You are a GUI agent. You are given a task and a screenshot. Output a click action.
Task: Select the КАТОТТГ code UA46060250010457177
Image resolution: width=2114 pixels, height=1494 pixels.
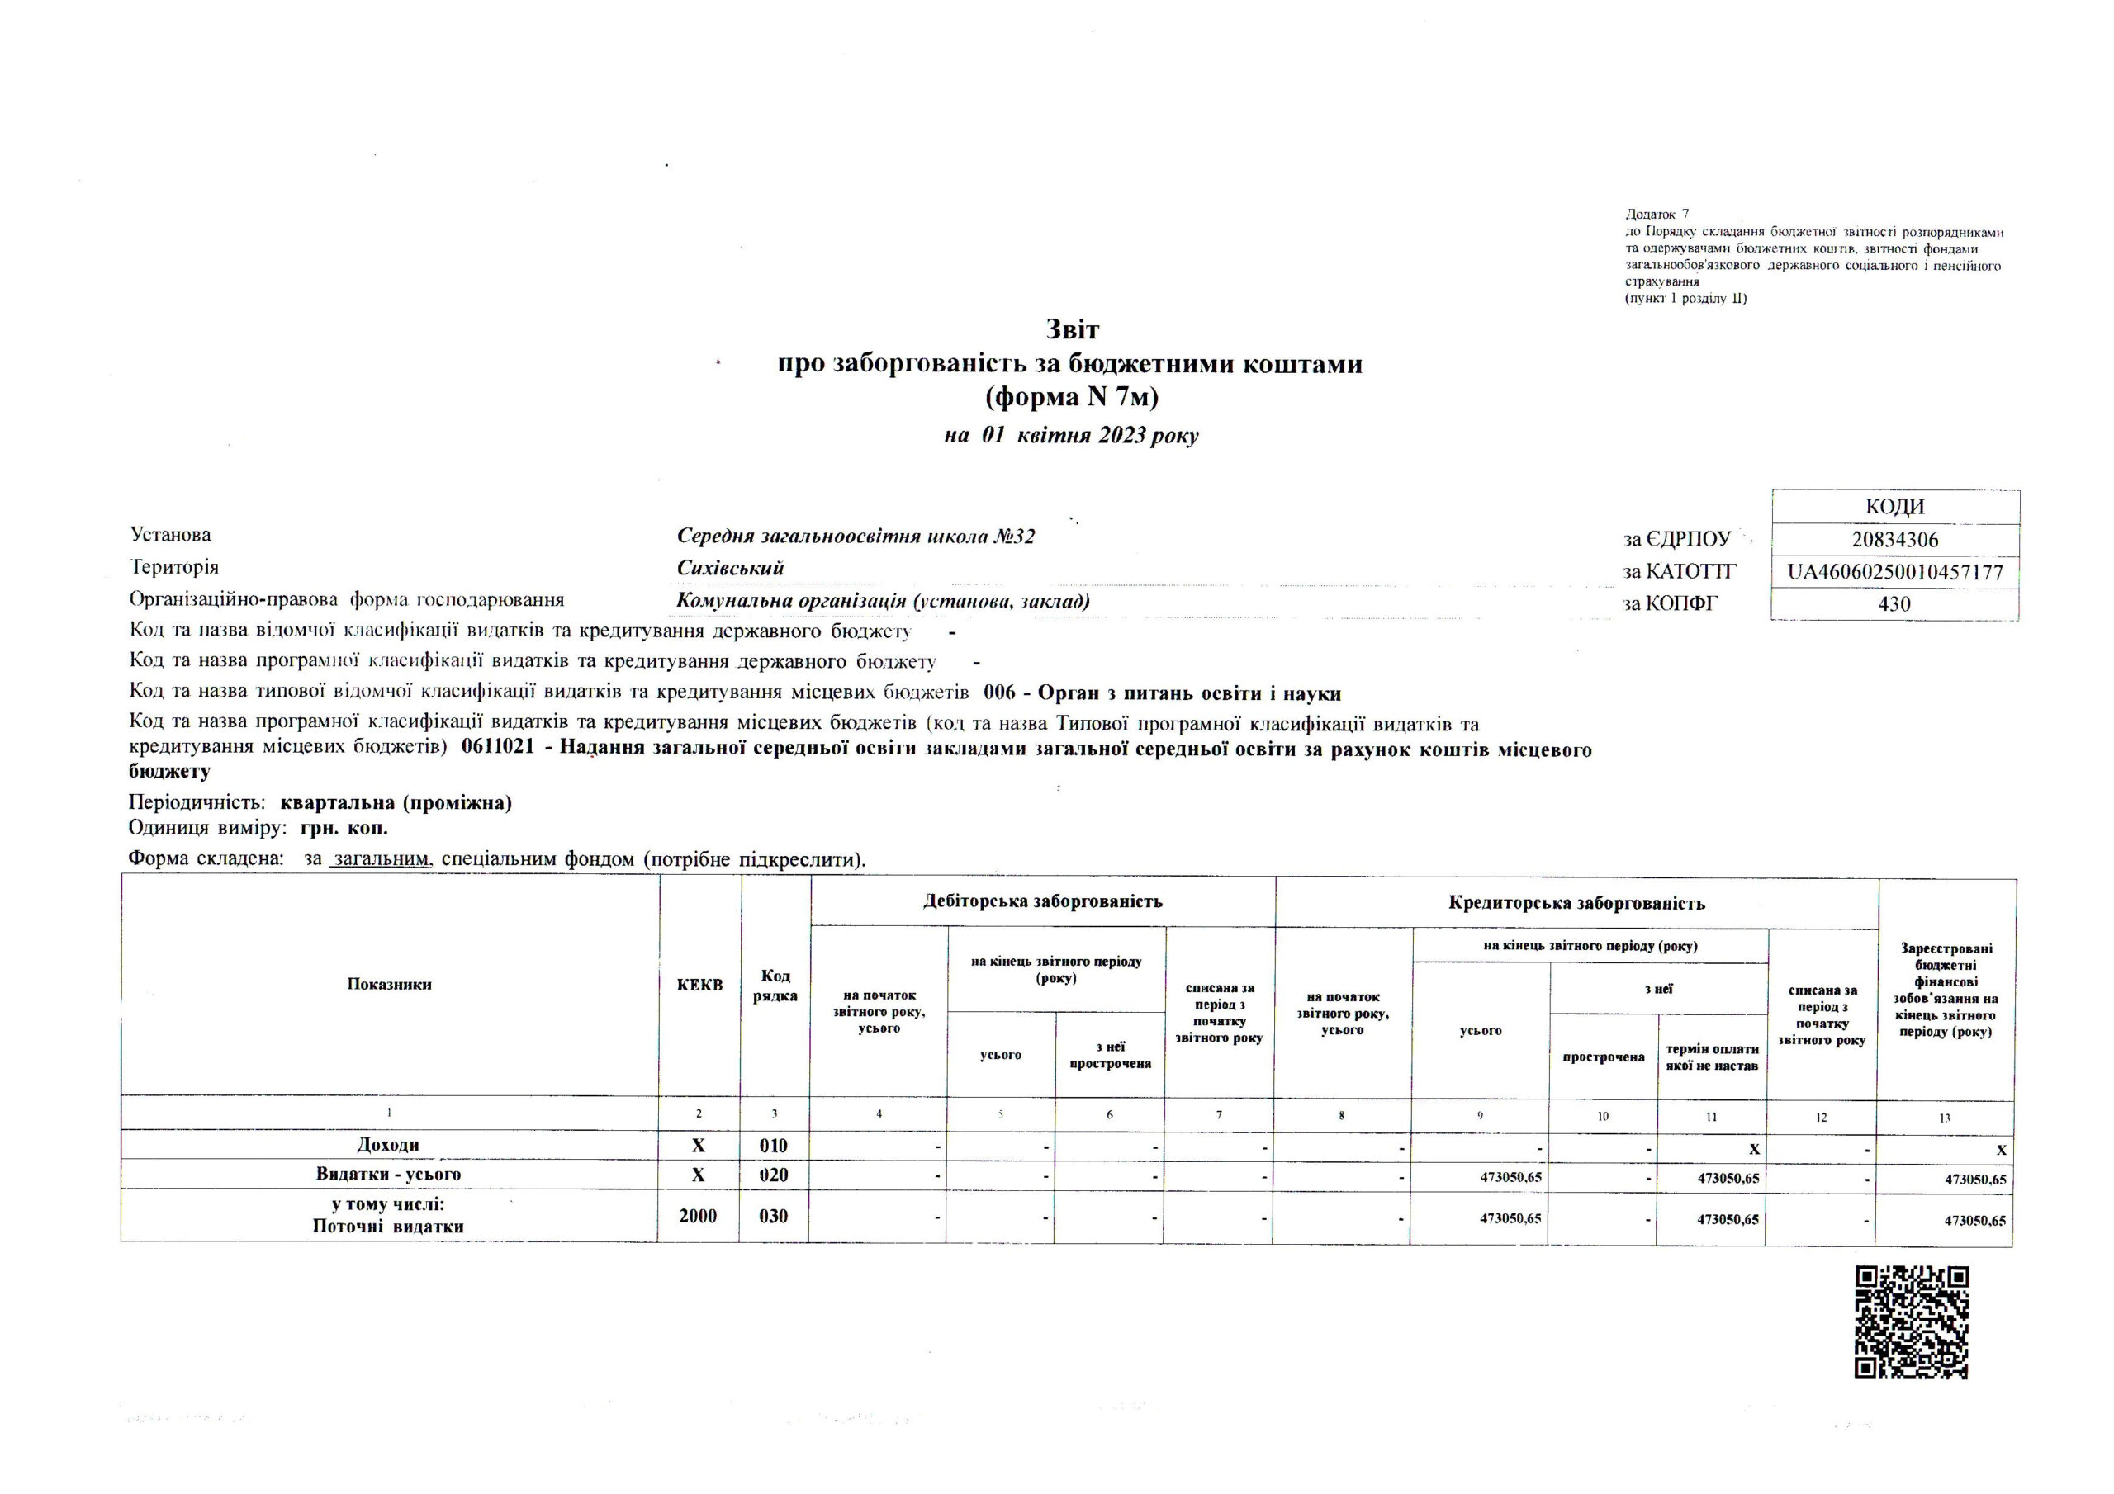point(1894,572)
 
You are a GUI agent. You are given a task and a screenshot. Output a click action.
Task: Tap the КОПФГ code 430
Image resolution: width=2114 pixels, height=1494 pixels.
point(1894,604)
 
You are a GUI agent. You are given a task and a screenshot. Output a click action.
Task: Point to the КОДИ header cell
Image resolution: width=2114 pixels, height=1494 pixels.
point(1894,507)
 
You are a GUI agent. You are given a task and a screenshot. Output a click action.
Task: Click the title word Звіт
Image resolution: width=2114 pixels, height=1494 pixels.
point(1072,329)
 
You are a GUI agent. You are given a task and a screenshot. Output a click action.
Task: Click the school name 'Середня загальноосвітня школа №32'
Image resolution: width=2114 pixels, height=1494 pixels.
point(856,536)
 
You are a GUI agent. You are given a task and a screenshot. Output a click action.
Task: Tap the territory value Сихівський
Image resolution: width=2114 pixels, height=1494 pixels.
point(730,568)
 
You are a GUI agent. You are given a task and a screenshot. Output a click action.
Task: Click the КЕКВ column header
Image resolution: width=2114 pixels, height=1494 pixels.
point(699,985)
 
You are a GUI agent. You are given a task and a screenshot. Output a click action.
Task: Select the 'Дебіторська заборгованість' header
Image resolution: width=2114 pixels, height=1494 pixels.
point(1042,901)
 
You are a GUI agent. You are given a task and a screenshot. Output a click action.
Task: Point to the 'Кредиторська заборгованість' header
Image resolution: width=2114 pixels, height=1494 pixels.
point(1576,903)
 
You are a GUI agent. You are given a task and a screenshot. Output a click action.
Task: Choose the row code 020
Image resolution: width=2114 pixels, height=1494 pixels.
point(774,1175)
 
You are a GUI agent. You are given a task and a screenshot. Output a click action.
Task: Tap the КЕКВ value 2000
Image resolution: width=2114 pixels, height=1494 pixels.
point(698,1216)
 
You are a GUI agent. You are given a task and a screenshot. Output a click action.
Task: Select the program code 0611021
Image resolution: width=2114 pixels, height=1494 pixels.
point(498,750)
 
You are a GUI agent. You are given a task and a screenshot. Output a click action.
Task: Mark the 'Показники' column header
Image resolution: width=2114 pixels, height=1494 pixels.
point(389,984)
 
